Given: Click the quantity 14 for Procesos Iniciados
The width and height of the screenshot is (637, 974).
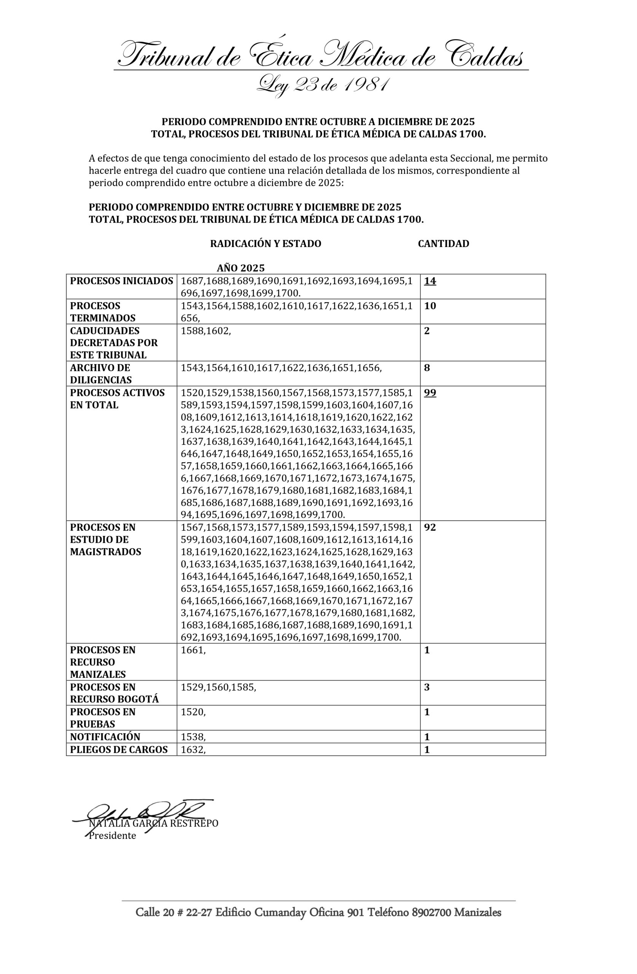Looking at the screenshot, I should pos(430,281).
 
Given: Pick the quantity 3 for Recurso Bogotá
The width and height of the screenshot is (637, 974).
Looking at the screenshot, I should pos(427,687).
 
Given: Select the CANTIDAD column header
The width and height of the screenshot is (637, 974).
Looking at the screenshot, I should pos(443,243).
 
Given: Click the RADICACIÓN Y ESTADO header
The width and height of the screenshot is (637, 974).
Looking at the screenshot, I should pos(266,243).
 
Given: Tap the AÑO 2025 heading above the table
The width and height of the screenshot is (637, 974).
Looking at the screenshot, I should pos(241,268).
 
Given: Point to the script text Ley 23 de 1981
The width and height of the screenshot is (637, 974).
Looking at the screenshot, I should pos(322,85).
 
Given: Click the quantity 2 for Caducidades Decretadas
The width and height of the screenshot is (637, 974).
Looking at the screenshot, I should pos(427,331).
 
